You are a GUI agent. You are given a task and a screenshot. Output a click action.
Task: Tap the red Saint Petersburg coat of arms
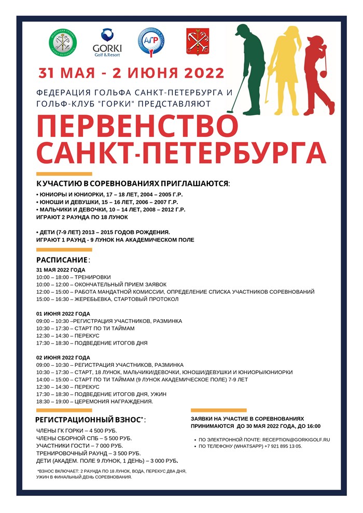198,41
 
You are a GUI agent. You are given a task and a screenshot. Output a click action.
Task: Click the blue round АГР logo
151,42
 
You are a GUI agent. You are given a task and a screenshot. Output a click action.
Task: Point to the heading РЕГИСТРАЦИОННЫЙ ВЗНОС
89,420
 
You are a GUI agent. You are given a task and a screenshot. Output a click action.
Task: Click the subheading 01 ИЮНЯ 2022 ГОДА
63,313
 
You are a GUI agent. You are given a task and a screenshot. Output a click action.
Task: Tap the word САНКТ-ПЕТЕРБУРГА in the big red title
181,152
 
